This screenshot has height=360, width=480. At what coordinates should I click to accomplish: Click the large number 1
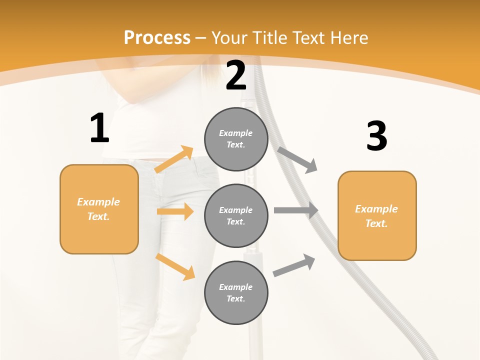coord(99,128)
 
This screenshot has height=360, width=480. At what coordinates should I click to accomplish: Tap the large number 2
coord(236,76)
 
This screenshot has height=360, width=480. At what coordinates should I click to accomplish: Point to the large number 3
coord(376,136)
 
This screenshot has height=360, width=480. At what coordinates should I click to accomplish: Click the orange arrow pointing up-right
coord(174,159)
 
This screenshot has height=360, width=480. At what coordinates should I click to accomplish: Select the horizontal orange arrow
coord(175,211)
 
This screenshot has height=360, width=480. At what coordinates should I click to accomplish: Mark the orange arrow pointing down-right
coord(175,266)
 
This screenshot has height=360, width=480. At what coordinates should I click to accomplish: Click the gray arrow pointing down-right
coord(297,159)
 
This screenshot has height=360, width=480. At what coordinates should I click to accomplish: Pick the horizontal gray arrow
coord(296,210)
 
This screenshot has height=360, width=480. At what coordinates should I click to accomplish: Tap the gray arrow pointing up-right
coord(294,265)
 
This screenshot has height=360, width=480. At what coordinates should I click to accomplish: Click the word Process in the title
coord(157,37)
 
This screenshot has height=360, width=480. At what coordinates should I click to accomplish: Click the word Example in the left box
coord(98,202)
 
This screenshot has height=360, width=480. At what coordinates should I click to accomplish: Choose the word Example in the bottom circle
coord(235,287)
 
